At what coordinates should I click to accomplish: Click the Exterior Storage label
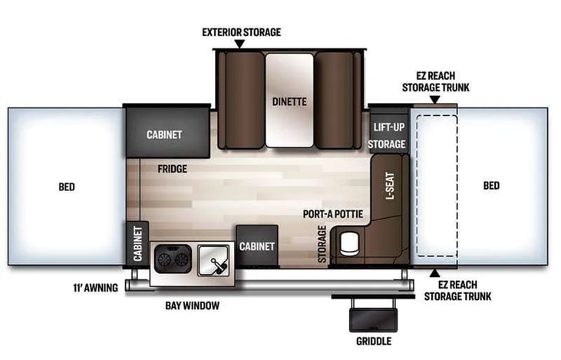tap(241, 32)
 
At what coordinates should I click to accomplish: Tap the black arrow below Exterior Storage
tap(239, 45)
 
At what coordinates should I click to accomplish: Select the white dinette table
tap(289, 100)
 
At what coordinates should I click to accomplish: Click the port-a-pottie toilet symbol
tap(349, 244)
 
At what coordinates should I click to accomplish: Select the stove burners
tap(171, 259)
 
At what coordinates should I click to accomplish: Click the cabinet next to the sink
tap(256, 246)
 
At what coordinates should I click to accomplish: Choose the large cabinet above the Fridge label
tap(164, 134)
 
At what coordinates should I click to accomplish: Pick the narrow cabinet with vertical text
tap(138, 243)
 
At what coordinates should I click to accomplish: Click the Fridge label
tap(173, 169)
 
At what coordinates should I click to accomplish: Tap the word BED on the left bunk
tap(68, 186)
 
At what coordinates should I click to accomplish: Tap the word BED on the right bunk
tap(491, 186)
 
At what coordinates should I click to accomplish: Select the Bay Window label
tap(192, 306)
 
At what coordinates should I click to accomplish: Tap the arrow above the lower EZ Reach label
tap(435, 272)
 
